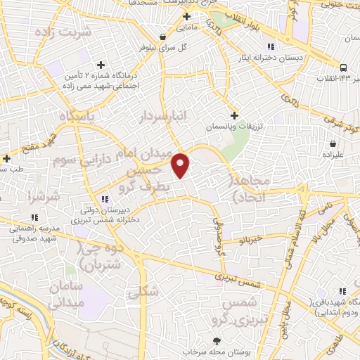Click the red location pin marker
181,165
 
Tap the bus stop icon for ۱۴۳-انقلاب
343,68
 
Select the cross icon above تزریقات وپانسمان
235,115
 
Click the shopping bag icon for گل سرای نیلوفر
163,37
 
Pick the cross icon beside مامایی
186,16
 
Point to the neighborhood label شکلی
146,290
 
